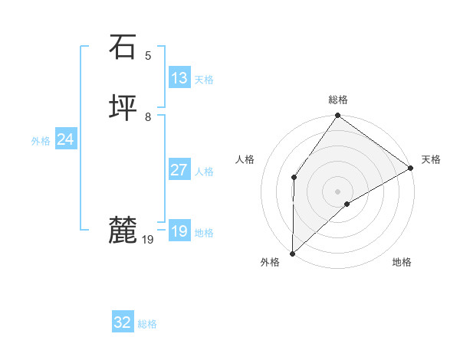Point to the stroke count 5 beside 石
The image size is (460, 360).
coord(148,55)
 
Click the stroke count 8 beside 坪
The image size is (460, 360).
coord(148,117)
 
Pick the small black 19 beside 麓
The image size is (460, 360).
coord(148,240)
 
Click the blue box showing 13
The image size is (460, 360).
coord(179,78)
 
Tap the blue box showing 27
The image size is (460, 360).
coord(179,170)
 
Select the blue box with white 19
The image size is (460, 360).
coord(179,231)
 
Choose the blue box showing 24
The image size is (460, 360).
coord(66,139)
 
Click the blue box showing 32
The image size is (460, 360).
coord(123,322)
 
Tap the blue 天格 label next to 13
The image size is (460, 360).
coord(204,80)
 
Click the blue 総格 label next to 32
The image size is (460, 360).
coord(148,324)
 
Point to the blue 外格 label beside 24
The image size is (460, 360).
coord(41,141)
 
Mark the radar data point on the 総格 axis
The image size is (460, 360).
coord(337,116)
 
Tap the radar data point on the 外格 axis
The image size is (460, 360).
coord(292,253)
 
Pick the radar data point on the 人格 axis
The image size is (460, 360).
coord(294,178)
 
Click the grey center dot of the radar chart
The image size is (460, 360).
coord(337,191)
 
